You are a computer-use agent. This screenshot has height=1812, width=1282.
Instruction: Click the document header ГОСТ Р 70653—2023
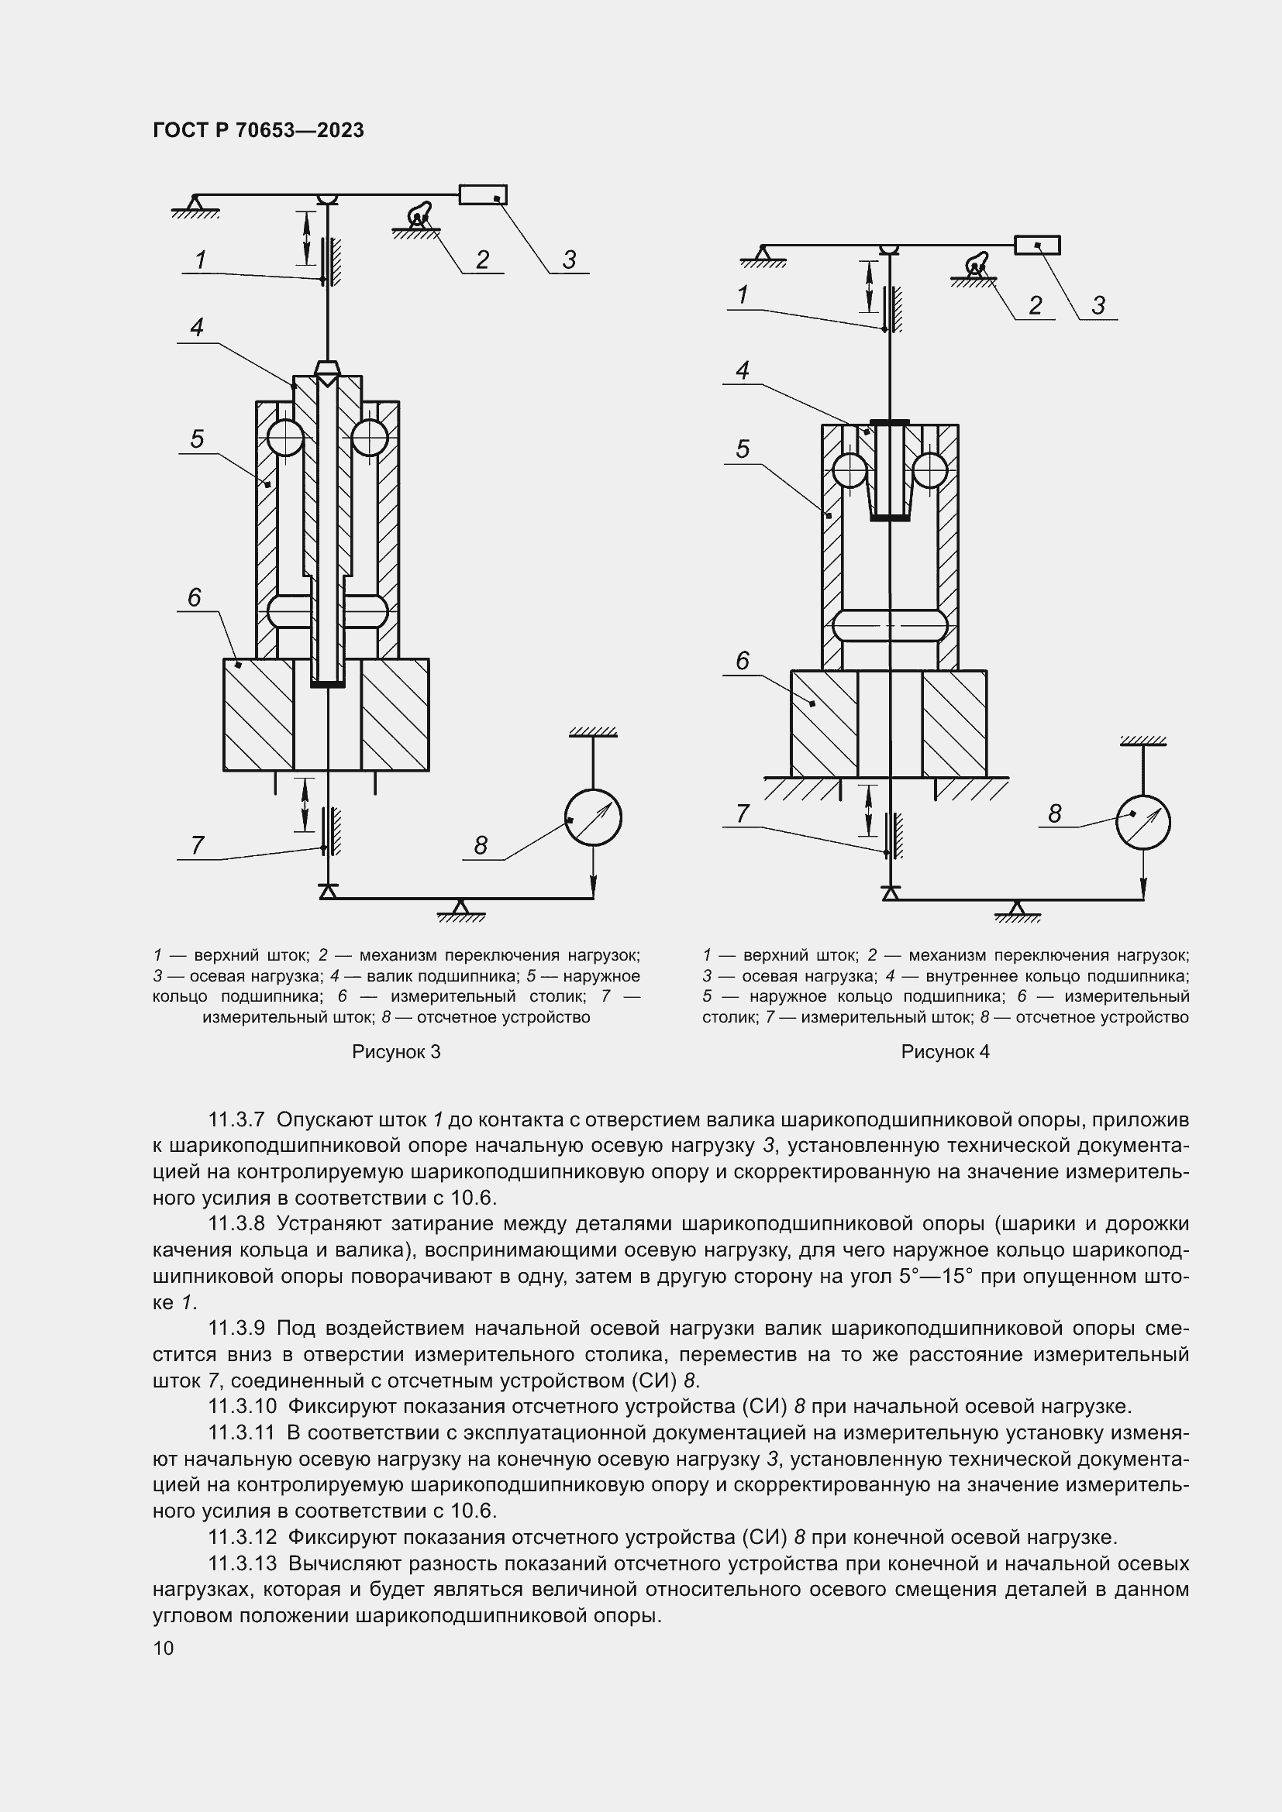[258, 130]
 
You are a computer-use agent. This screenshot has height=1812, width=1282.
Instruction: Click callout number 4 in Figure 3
[198, 327]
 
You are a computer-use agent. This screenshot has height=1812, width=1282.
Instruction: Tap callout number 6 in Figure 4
[742, 660]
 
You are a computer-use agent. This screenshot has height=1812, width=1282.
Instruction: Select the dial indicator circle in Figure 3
[593, 817]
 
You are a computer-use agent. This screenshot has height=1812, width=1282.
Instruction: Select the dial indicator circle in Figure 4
[1142, 823]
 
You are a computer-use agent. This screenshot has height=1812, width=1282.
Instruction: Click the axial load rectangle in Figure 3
[483, 194]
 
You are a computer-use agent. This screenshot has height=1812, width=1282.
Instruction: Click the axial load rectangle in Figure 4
[1037, 246]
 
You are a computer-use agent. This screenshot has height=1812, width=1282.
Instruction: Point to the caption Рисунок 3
[395, 1052]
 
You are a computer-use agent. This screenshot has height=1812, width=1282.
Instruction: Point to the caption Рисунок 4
[945, 1052]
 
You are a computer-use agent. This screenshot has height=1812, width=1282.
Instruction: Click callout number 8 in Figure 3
[481, 846]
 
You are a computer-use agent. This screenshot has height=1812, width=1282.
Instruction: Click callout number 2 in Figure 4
[1035, 305]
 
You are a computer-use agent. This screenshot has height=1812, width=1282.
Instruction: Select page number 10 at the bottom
[164, 1648]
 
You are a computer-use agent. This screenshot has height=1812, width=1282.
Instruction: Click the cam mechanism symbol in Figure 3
[419, 215]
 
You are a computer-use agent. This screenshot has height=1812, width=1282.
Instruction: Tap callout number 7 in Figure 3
[198, 845]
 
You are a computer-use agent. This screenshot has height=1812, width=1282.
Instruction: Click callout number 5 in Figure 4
[742, 449]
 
